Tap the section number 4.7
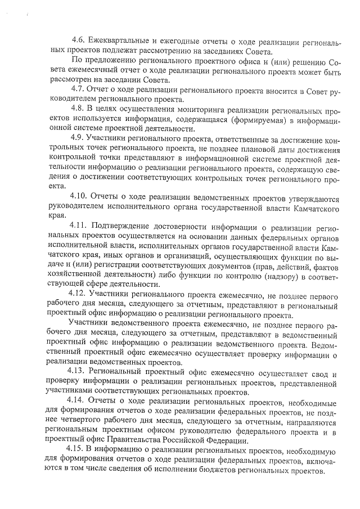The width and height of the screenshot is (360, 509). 78,91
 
